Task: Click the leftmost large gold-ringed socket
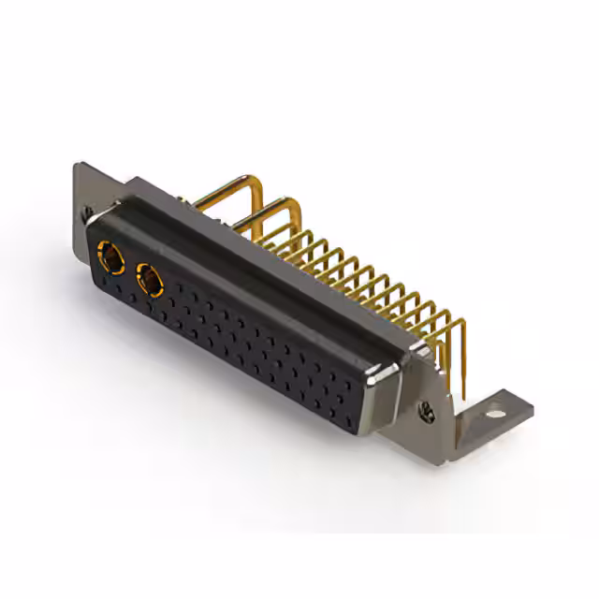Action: [110, 255]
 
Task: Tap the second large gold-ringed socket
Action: [149, 278]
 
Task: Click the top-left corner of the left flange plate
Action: [79, 166]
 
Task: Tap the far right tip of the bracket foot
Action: [531, 407]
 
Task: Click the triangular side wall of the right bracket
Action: [440, 374]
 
